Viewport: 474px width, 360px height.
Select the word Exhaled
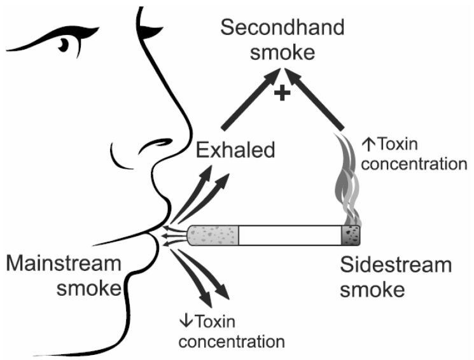235,151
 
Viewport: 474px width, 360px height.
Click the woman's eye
64,45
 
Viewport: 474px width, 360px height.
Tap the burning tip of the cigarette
352,235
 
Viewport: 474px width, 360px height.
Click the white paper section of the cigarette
289,235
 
